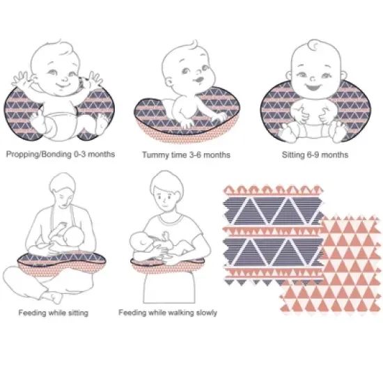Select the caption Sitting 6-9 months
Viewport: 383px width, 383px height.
tap(317, 155)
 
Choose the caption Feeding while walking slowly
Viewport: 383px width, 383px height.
tap(167, 313)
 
